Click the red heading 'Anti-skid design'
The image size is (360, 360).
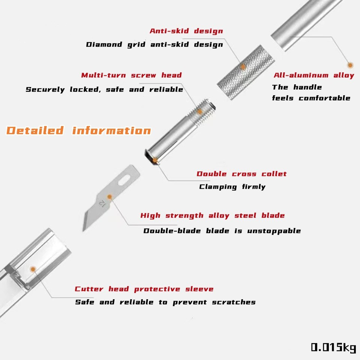pyautogui.click(x=186, y=31)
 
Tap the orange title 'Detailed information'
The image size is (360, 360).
pyautogui.click(x=79, y=130)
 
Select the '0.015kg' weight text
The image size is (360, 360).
pyautogui.click(x=333, y=347)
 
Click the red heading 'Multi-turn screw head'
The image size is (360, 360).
pyautogui.click(x=132, y=75)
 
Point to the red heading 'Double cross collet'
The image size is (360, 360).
pyautogui.click(x=241, y=174)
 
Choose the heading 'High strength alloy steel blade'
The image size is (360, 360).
pyautogui.click(x=213, y=216)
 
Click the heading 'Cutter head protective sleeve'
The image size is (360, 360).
pyautogui.click(x=144, y=289)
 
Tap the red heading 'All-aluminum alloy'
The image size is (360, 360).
pyautogui.click(x=314, y=75)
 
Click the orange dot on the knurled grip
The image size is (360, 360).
pyautogui.click(x=243, y=67)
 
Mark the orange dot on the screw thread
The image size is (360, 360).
pyautogui.click(x=200, y=111)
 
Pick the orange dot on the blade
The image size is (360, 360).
pyautogui.click(x=109, y=196)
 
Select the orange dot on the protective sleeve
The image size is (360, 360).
pyautogui.click(x=33, y=269)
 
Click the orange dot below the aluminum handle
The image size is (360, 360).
pyautogui.click(x=350, y=65)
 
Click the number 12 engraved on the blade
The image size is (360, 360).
pyautogui.click(x=102, y=204)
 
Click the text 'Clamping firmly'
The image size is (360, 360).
pyautogui.click(x=232, y=187)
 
